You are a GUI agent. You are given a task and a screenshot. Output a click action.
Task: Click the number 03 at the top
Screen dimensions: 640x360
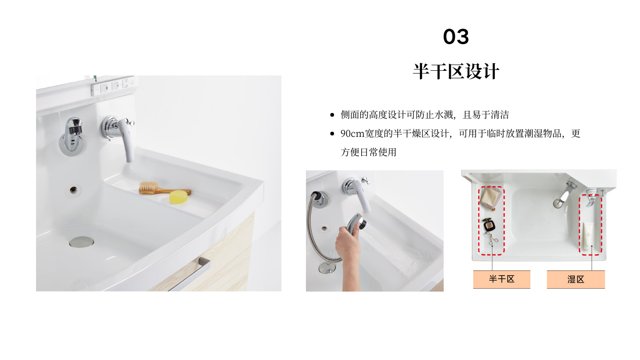click(x=456, y=37)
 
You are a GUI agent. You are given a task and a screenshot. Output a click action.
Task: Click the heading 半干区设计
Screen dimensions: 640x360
click(x=456, y=71)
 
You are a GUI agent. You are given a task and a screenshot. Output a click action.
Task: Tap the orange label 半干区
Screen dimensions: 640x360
click(x=502, y=279)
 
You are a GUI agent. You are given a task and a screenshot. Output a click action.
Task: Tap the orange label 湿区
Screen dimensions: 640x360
click(x=576, y=279)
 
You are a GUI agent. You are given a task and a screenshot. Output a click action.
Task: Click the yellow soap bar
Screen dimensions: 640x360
click(x=179, y=197)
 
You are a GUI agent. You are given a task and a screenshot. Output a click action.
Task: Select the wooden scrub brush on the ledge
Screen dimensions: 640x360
click(x=160, y=188)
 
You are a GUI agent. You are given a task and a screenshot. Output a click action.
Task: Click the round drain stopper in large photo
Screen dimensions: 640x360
click(x=82, y=241)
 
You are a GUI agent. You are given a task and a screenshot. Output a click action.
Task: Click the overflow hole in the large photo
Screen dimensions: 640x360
click(x=74, y=189)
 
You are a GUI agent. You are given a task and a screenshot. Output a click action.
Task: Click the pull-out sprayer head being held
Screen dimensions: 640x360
click(x=357, y=222)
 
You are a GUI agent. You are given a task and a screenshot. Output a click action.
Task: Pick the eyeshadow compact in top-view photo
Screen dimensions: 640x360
click(x=489, y=225)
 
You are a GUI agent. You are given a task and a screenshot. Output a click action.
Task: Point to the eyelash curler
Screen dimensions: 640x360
click(x=491, y=239)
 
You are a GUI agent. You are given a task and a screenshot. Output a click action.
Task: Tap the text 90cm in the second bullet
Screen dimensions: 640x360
click(x=352, y=134)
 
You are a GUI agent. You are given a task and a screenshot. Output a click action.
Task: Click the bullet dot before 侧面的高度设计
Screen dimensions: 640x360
click(x=332, y=115)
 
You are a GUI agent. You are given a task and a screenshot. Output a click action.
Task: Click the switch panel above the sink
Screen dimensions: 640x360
click(x=113, y=85)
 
